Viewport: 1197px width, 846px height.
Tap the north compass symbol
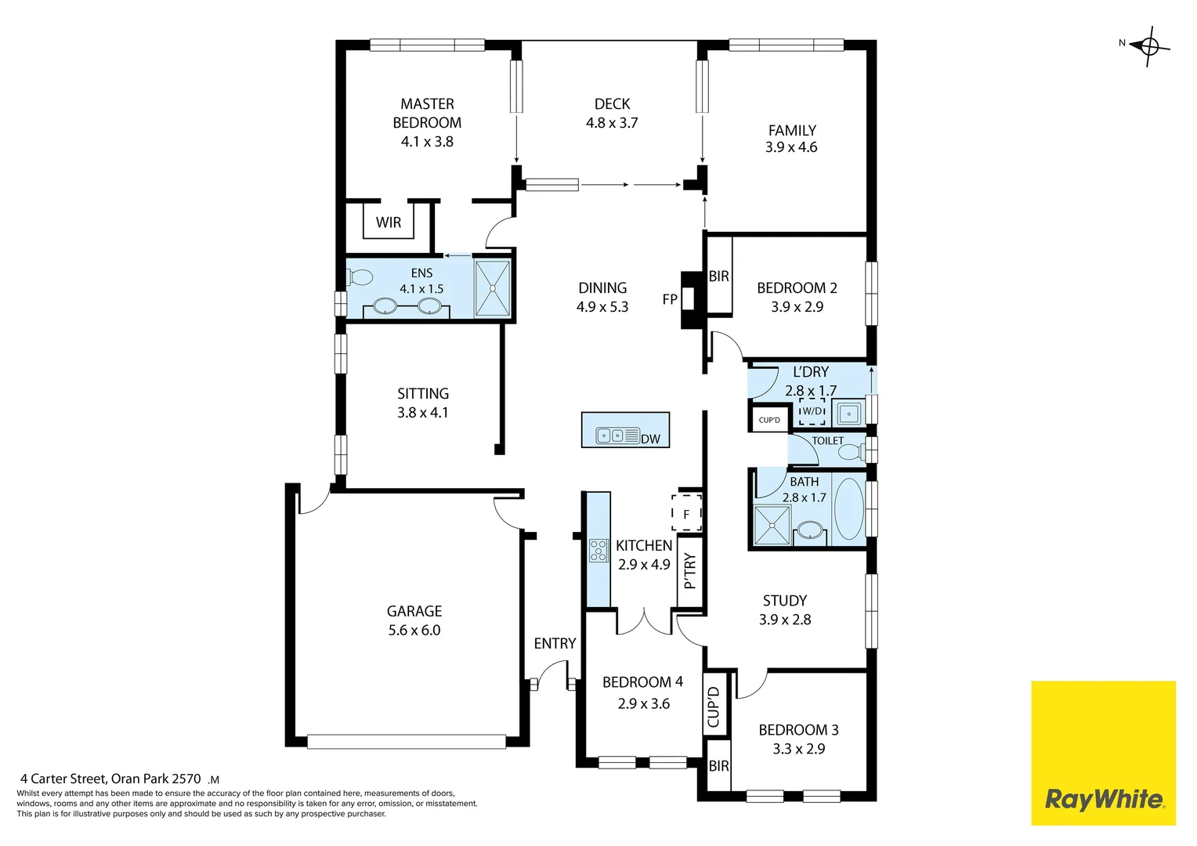pos(1148,46)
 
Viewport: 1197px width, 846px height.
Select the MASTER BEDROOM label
pos(427,114)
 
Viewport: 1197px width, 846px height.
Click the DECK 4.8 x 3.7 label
pos(612,114)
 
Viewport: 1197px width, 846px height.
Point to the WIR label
pos(389,222)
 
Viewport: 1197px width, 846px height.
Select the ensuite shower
pos(493,288)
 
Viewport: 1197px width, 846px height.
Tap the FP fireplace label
pos(670,299)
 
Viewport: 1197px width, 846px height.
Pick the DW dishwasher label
pos(650,439)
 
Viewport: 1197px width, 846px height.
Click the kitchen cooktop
pos(598,551)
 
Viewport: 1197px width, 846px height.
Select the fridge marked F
pos(686,514)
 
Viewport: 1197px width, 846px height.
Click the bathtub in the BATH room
pos(848,508)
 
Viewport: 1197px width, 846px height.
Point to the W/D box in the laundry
pos(812,411)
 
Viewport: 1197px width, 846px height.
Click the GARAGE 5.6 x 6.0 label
pos(414,620)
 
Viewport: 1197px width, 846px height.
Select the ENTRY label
pos(555,643)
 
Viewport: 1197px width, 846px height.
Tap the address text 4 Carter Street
pos(110,779)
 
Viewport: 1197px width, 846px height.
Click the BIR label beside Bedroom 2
pos(719,276)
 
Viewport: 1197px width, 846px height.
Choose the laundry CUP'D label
pos(769,420)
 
